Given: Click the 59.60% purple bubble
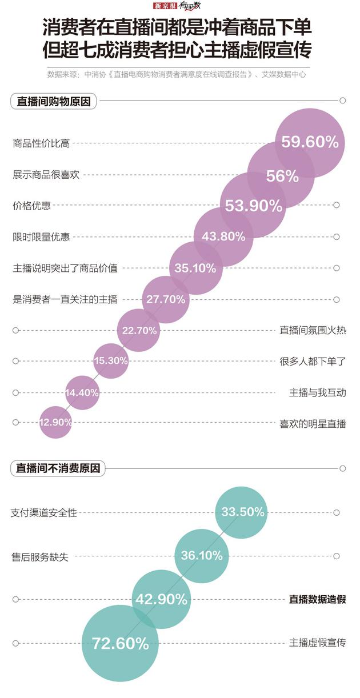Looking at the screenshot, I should [310, 142].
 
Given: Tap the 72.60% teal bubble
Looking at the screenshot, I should [120, 643].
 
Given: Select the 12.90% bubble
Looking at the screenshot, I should [55, 422].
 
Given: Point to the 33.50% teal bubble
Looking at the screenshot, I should [242, 512].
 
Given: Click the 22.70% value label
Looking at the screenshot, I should [139, 330].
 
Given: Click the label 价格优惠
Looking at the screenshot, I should [31, 206].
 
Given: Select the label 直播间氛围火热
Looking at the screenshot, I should [313, 330].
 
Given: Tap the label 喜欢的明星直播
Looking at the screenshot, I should [313, 423].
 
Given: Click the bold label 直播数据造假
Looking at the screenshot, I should [317, 599].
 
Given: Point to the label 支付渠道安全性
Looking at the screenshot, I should [44, 513].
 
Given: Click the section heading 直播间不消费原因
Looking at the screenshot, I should [58, 468].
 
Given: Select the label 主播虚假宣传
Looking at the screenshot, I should [317, 643].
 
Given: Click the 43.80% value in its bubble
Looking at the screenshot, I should [223, 236].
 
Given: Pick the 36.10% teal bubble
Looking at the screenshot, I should [201, 556].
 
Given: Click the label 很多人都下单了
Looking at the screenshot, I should [313, 361].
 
